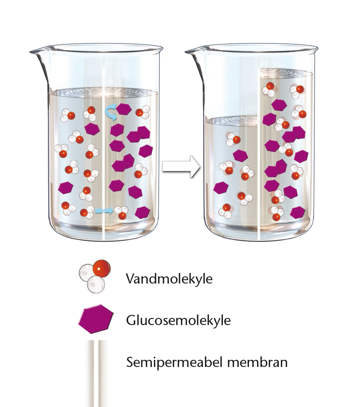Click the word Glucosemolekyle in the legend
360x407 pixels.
(x=178, y=321)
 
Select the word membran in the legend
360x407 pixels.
(x=257, y=362)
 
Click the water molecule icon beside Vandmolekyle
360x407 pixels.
(x=95, y=276)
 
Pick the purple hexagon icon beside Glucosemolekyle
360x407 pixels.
(x=96, y=319)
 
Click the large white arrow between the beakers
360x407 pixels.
(x=181, y=166)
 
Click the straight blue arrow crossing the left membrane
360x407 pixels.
(x=104, y=211)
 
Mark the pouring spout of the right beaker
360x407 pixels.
(x=195, y=52)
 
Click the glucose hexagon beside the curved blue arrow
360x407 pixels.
(x=124, y=109)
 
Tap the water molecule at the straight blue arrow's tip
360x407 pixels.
(x=121, y=212)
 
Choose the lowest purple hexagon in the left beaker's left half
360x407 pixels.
(x=65, y=187)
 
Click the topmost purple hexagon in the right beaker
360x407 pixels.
(x=279, y=105)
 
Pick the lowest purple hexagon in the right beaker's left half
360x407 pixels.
(x=221, y=188)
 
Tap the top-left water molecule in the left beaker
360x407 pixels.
(x=68, y=115)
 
